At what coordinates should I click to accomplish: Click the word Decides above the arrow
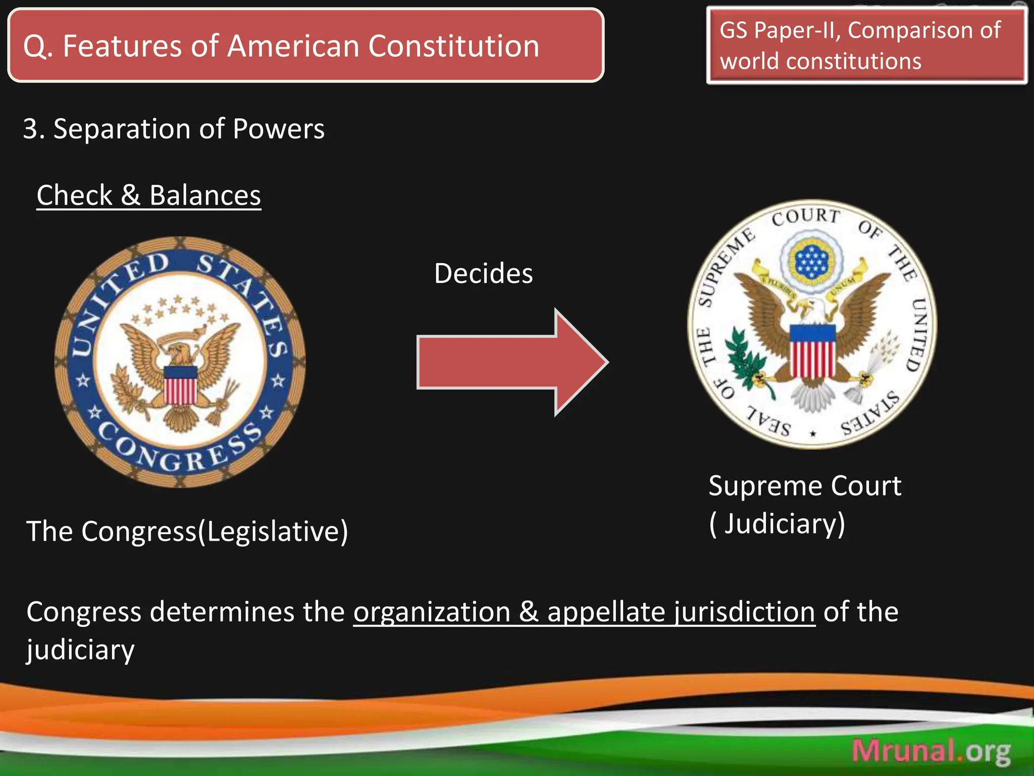pyautogui.click(x=483, y=274)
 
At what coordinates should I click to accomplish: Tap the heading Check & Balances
pyautogui.click(x=149, y=196)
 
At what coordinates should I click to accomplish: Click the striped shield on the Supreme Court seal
pyautogui.click(x=812, y=351)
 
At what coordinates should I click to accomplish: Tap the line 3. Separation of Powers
pyautogui.click(x=174, y=129)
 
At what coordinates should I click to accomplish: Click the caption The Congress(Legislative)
pyautogui.click(x=187, y=531)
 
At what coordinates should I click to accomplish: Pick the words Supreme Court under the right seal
pyautogui.click(x=804, y=486)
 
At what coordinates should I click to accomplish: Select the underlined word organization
pyautogui.click(x=432, y=612)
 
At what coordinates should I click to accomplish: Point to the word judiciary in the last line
pyautogui.click(x=81, y=650)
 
